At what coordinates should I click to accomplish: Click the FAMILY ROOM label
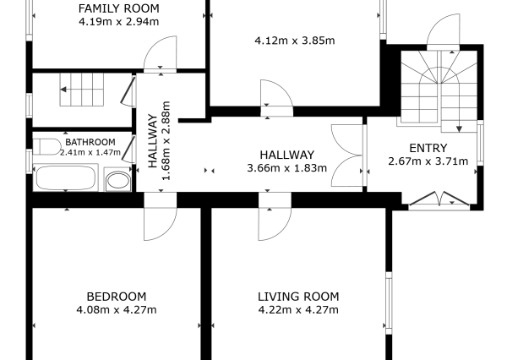[x=118, y=8]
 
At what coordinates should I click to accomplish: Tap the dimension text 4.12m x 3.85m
[x=295, y=41]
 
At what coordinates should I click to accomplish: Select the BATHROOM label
[x=90, y=142]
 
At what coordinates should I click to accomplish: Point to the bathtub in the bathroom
[x=66, y=177]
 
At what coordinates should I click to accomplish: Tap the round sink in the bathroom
[x=117, y=180]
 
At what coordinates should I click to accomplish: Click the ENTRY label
[x=428, y=148]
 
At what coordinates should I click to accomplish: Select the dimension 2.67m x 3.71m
[x=428, y=161]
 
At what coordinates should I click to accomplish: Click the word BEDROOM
[x=117, y=297]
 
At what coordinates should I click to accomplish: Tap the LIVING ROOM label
[x=298, y=297]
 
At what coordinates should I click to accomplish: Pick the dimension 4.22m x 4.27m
[x=298, y=310]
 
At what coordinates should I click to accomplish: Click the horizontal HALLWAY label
[x=286, y=155]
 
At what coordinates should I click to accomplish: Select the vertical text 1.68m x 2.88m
[x=166, y=140]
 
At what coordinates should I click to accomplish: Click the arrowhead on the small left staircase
[x=63, y=90]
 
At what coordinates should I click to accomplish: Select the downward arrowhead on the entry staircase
[x=459, y=129]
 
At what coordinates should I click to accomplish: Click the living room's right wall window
[x=389, y=303]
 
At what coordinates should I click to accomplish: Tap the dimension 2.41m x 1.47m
[x=90, y=152]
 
